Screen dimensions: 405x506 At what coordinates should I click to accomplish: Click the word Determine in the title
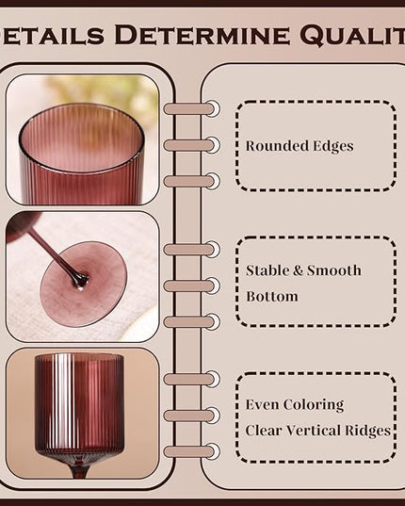point(202,35)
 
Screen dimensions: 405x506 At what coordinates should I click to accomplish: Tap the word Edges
point(330,146)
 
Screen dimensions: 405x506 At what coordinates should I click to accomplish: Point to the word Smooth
point(333,270)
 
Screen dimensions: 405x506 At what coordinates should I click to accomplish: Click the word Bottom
point(272,297)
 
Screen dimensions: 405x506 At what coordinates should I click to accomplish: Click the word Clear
point(264,431)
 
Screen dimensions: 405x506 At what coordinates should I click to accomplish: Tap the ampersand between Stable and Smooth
point(298,270)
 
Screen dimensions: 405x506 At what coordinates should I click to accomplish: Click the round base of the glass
point(84,284)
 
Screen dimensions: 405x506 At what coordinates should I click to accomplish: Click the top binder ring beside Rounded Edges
point(191,108)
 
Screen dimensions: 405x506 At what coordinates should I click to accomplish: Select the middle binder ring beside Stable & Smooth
point(191,286)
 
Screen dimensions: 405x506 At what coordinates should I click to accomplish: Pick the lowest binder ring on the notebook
point(191,451)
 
